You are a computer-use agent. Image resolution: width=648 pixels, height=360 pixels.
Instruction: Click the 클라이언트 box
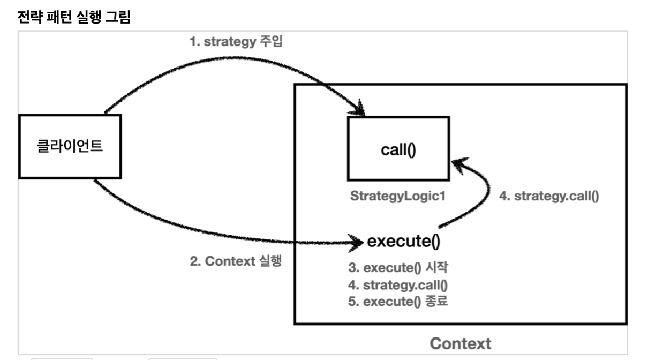(69, 146)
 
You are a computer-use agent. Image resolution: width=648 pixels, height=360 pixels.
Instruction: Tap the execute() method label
(403, 242)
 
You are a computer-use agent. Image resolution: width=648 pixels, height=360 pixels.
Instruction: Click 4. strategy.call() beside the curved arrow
(549, 196)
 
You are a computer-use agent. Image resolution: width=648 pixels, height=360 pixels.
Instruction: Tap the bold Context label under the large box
(461, 343)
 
